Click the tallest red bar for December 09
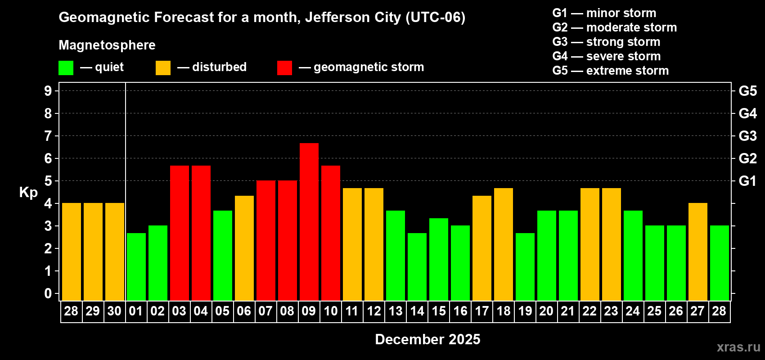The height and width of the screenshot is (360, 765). (309, 221)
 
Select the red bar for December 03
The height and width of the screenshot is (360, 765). (180, 233)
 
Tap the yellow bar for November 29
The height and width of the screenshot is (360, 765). (93, 252)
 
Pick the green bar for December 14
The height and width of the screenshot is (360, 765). (417, 266)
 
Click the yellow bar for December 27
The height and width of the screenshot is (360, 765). (698, 252)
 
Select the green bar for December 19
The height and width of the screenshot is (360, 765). (525, 266)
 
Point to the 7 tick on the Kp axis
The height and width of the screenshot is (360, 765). (48, 136)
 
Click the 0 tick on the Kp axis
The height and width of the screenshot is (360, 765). (48, 293)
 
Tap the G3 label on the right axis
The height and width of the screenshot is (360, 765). (747, 136)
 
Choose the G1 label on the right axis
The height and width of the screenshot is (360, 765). (747, 181)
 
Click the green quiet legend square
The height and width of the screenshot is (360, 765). (66, 68)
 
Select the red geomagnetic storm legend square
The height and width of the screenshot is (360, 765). (284, 68)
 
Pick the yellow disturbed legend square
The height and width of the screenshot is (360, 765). (163, 68)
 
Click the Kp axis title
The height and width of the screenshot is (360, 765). (28, 193)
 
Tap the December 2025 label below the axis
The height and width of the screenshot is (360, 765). (427, 339)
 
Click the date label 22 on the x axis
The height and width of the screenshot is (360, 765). (589, 311)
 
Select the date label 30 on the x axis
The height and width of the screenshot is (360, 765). (114, 311)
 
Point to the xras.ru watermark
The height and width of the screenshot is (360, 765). (738, 347)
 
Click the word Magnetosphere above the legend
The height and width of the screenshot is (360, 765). (107, 45)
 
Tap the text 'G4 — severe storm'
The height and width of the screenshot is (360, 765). (607, 56)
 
